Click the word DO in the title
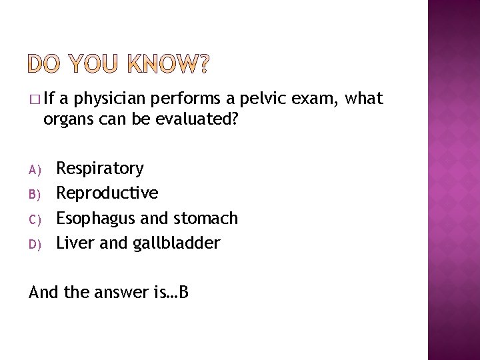[45, 64]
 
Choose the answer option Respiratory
[99, 168]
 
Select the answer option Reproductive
[107, 193]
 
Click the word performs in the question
[187, 100]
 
